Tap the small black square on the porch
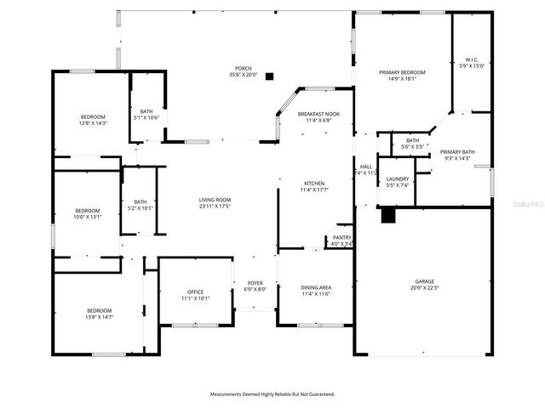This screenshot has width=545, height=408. point(270,76)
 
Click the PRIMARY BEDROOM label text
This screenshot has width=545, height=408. point(402,72)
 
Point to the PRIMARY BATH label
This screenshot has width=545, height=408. point(457,152)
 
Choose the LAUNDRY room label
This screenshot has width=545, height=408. point(398,178)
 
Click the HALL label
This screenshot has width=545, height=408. point(366,167)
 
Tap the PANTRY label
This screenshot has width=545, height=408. point(342,237)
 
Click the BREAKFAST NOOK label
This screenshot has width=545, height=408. point(318,113)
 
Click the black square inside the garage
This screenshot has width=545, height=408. point(388,216)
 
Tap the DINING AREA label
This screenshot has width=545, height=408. point(316,287)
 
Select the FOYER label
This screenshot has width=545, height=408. point(255,282)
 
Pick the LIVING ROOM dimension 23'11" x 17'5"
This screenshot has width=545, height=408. point(215,206)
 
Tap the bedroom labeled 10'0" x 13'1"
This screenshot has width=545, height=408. point(87,213)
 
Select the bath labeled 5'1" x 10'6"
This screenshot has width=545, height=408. point(146,113)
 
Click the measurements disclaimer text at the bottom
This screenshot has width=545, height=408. point(272,394)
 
